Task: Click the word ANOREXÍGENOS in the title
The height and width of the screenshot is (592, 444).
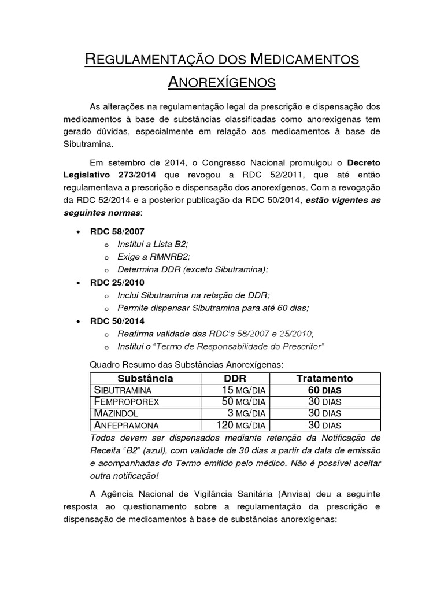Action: (221, 82)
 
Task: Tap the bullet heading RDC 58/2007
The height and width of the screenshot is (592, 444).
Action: (117, 231)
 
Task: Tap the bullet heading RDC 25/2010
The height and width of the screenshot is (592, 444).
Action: (117, 283)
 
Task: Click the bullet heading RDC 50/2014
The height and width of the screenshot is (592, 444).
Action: (117, 321)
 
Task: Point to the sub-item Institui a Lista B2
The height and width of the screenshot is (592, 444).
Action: (153, 244)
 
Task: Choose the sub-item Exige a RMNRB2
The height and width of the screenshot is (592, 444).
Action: (153, 257)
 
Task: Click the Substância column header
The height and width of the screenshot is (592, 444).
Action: (145, 378)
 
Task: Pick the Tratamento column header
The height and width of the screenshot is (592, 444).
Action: (324, 378)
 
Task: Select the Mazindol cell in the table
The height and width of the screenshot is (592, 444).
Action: (116, 413)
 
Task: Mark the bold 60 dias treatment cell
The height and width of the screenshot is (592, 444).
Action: (324, 390)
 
